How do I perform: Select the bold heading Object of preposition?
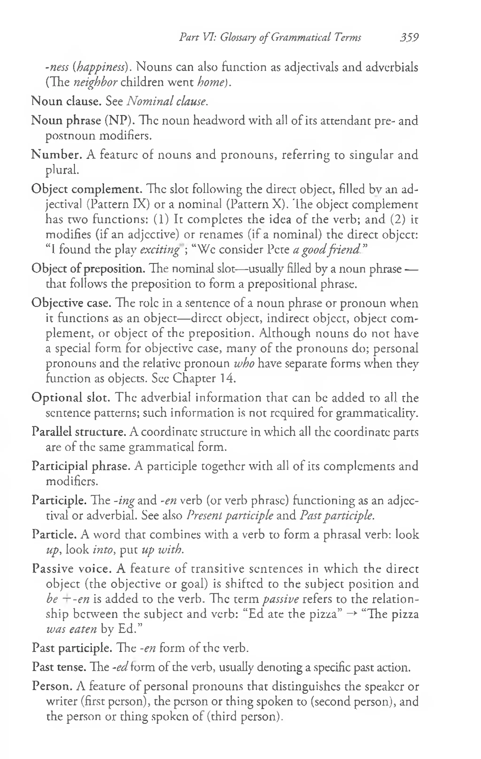pos(88,269)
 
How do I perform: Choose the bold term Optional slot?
pos(70,397)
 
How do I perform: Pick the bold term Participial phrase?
pos(81,466)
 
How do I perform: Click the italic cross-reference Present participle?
pos(230,516)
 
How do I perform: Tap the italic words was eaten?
pos(71,629)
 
